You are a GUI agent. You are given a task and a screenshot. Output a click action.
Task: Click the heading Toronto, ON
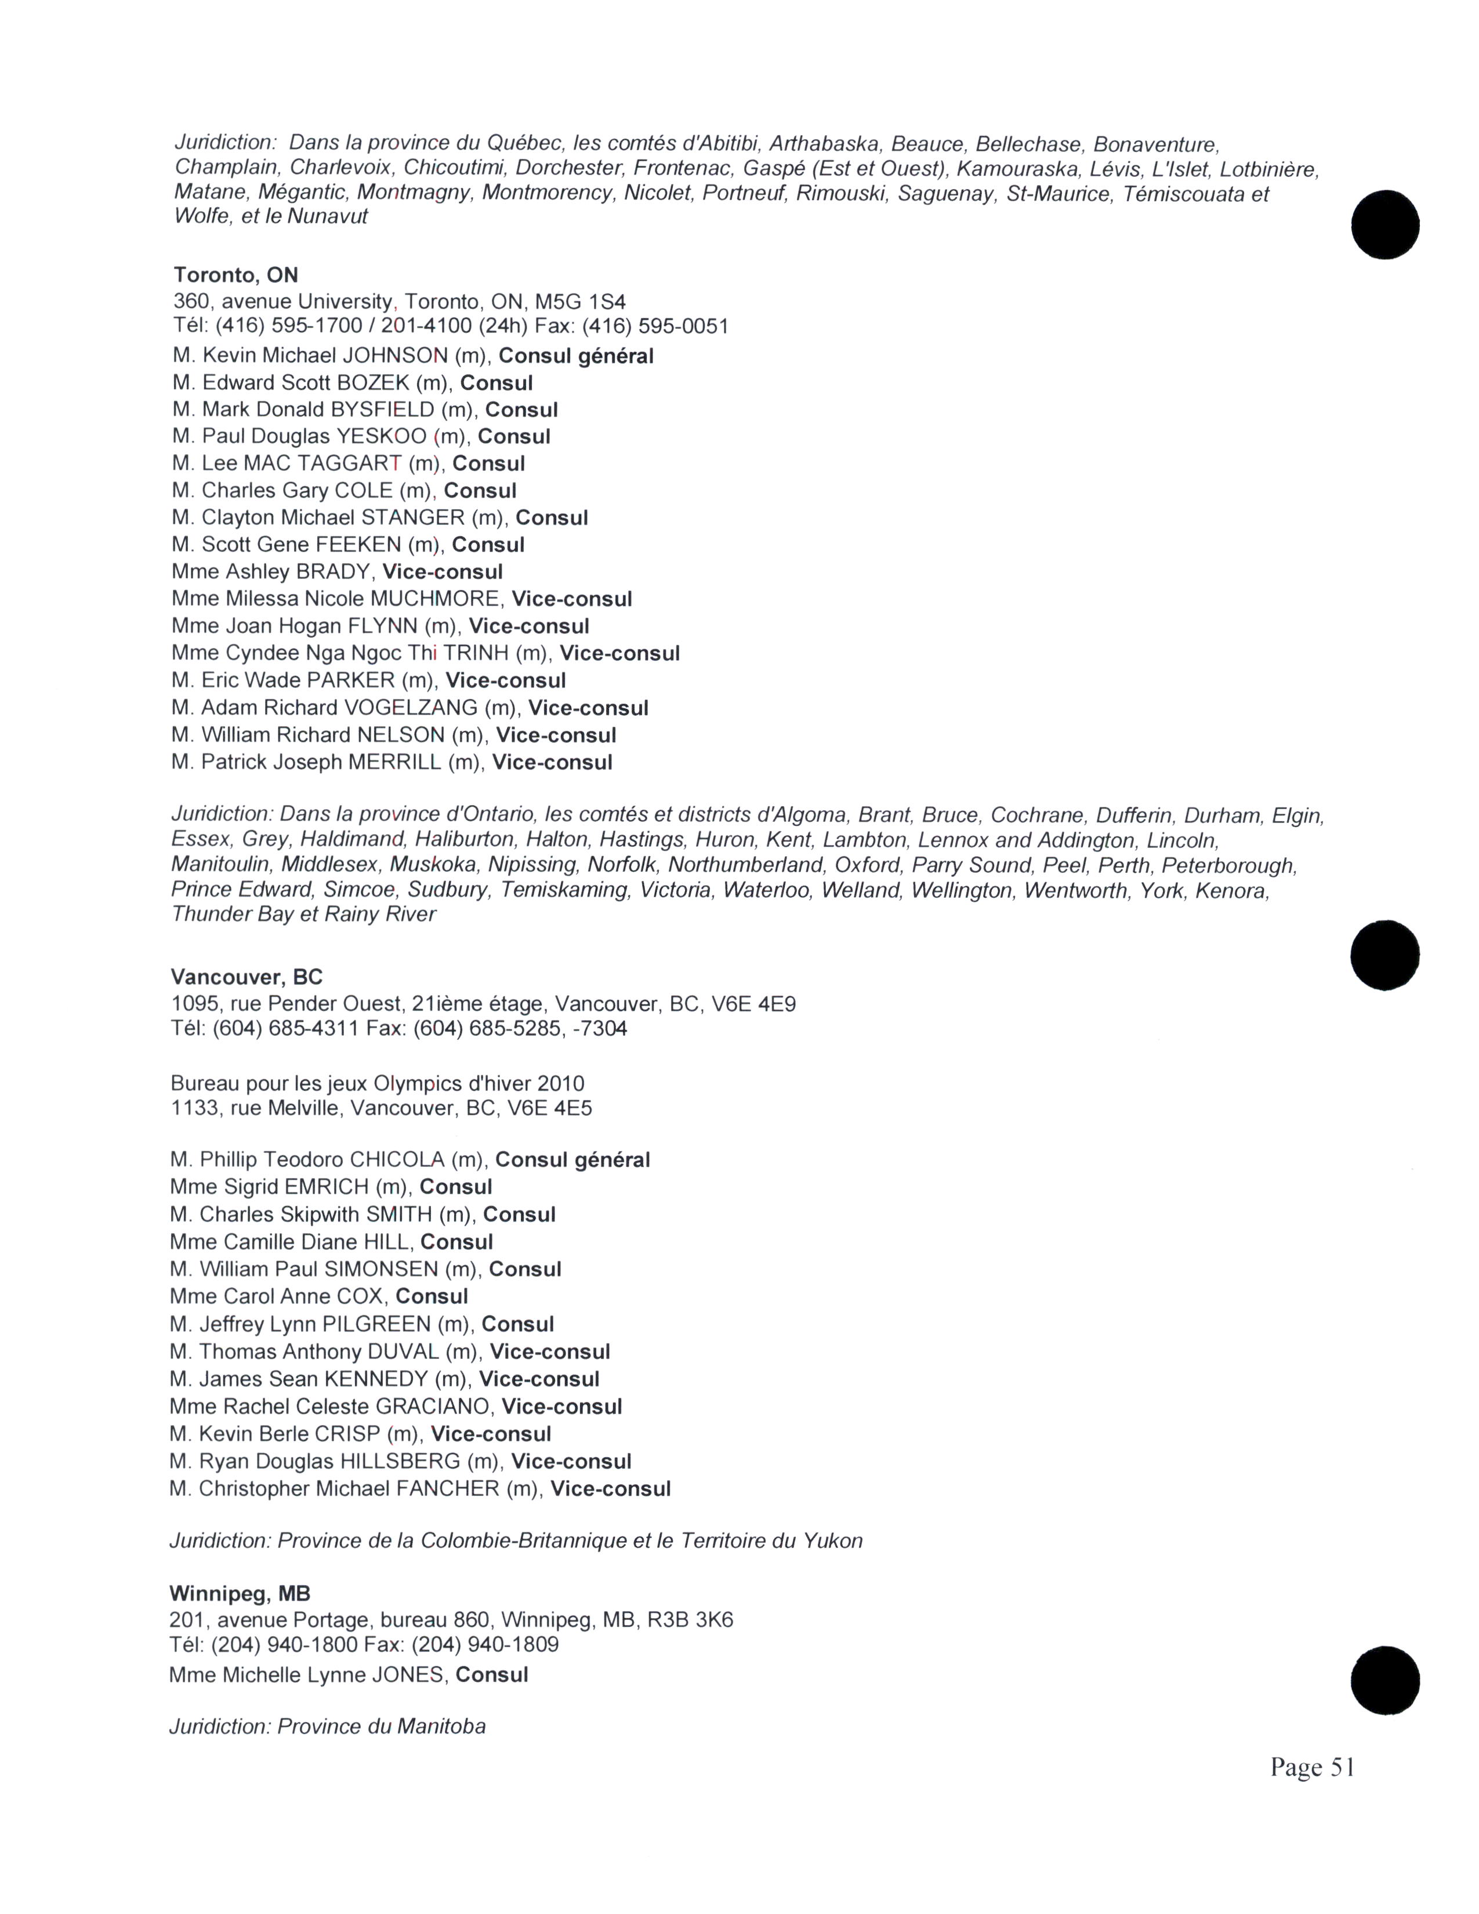pyautogui.click(x=235, y=275)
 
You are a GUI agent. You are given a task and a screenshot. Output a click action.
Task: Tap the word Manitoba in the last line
pyautogui.click(x=441, y=1727)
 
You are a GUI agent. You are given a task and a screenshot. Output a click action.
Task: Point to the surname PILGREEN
pyautogui.click(x=377, y=1324)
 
